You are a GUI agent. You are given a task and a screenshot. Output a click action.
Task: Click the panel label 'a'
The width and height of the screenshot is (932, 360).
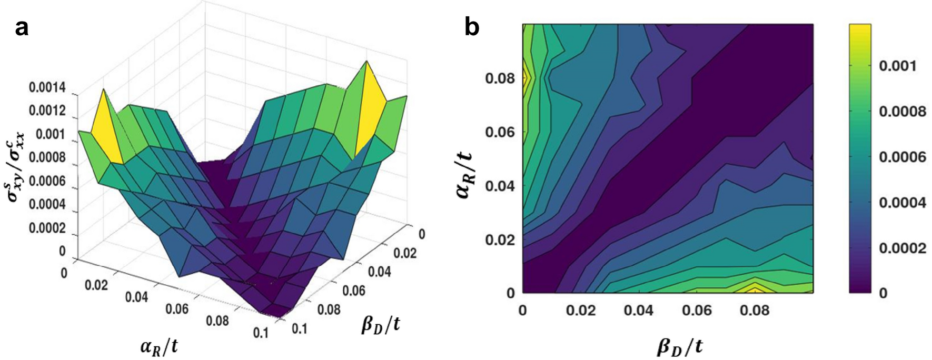[x=22, y=28]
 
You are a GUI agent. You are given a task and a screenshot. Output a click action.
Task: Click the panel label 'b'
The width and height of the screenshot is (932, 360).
[x=472, y=27]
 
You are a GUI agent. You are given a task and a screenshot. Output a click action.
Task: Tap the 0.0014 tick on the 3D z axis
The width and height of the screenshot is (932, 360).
[x=51, y=88]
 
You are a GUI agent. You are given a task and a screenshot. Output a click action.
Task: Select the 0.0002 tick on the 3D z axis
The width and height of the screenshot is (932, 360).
[x=51, y=228]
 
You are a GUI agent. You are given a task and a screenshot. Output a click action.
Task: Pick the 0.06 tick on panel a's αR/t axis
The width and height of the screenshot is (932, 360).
[x=177, y=308]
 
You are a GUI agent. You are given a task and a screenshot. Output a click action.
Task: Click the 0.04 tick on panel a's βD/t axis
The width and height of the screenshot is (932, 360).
[x=379, y=272]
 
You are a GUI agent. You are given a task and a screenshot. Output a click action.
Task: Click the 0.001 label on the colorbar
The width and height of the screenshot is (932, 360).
[x=898, y=66]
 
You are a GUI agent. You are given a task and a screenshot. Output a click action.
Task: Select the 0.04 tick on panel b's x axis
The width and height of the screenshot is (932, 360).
[x=638, y=311]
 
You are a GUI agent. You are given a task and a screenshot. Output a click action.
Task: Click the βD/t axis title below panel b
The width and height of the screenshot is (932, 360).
[x=679, y=346]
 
